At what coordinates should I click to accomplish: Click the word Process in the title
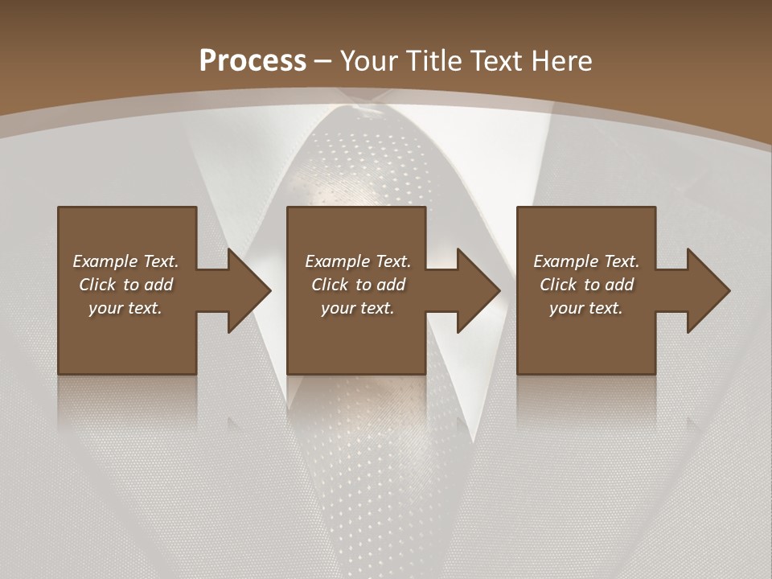tap(253, 61)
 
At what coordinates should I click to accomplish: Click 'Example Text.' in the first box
tap(125, 261)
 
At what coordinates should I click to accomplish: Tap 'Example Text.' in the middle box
tap(358, 261)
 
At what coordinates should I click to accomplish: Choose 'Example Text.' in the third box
tap(586, 261)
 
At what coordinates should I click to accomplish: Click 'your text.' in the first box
tap(125, 308)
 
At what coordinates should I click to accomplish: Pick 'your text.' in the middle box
tap(358, 308)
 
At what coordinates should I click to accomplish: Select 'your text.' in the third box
tap(586, 308)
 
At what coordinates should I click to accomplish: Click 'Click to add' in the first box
tap(125, 285)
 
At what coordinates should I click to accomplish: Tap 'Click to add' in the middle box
tap(358, 285)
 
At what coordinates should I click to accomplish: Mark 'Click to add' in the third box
tap(586, 285)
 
